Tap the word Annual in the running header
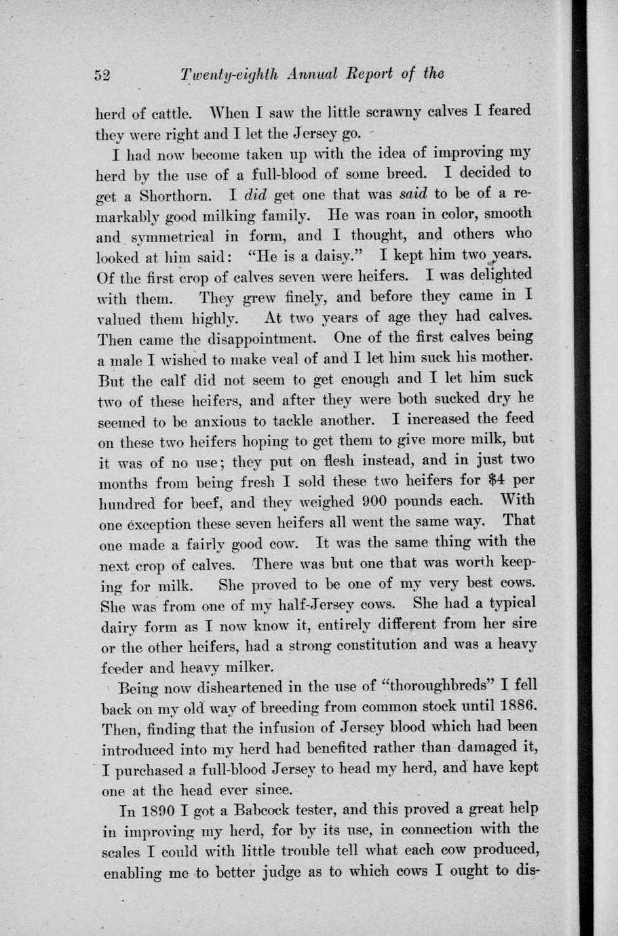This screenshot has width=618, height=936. click(308, 74)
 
